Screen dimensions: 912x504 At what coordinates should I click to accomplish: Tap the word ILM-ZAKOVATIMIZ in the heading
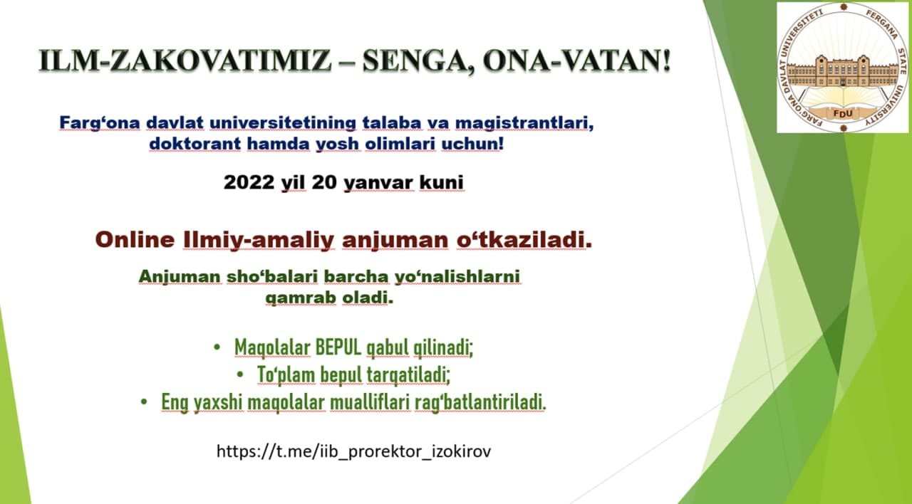coord(185,61)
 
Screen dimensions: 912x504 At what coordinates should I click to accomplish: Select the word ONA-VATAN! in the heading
coord(577,61)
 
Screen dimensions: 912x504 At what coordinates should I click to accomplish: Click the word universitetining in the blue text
coord(283,123)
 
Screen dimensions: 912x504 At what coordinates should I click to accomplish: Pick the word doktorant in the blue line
coord(195,144)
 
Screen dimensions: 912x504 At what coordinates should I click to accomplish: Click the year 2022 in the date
coord(249,182)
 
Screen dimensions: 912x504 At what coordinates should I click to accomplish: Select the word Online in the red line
coord(135,240)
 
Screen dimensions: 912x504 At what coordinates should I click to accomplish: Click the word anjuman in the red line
coord(395,241)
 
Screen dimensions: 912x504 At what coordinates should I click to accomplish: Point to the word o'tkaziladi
coord(524,240)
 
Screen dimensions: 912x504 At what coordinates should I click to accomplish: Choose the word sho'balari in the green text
coord(272,277)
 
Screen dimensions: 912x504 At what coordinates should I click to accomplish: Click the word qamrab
coord(301,298)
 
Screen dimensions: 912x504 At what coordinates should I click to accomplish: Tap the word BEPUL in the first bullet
coord(338,347)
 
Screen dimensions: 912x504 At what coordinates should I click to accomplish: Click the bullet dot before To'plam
coord(240,374)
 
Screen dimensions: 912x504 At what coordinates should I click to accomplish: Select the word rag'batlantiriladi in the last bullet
coord(480,403)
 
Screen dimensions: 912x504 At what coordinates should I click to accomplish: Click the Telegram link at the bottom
coord(354,451)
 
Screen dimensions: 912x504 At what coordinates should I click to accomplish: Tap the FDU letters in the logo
coord(843,113)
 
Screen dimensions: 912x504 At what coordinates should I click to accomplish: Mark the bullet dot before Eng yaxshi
coord(144,402)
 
